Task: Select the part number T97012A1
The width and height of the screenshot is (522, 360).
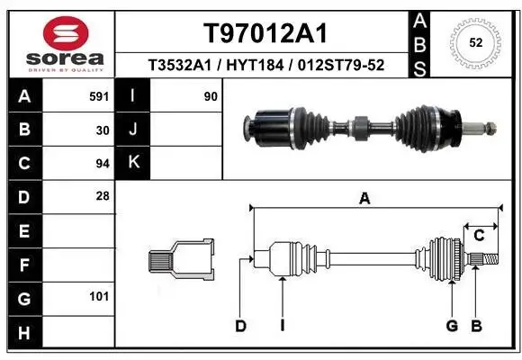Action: (x=264, y=34)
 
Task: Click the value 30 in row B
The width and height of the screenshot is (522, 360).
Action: (x=103, y=130)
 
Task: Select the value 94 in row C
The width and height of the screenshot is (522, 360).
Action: (x=103, y=163)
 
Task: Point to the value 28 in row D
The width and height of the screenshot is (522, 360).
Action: (x=103, y=195)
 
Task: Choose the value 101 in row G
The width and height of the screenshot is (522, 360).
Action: (x=100, y=296)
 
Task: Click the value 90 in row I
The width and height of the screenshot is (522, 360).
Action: (x=211, y=95)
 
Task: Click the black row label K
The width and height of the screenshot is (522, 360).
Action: (x=134, y=163)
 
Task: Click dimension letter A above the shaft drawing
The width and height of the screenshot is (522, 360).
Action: (x=364, y=199)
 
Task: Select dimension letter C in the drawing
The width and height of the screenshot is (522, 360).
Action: (x=480, y=236)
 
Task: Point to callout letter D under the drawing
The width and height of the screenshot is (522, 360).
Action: (x=240, y=325)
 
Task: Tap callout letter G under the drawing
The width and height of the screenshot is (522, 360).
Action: (x=452, y=325)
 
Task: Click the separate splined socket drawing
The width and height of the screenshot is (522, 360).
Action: (x=181, y=261)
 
